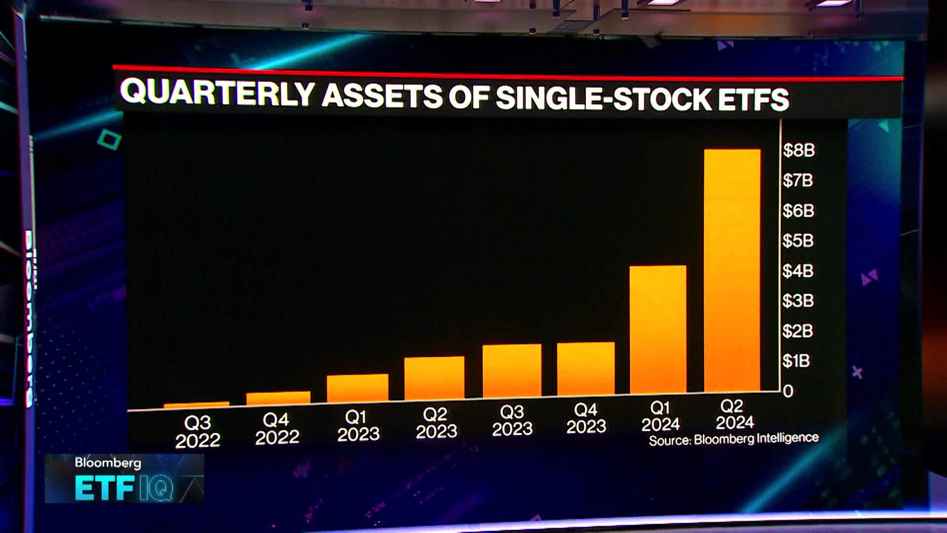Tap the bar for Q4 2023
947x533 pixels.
pos(586,369)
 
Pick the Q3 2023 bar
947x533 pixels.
pos(512,371)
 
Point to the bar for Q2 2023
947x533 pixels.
pos(434,378)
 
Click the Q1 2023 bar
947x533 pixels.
pos(358,388)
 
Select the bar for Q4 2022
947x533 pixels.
pos(278,398)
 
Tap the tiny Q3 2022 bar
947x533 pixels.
pos(196,405)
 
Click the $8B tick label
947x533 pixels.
pos(799,150)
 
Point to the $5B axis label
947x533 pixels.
pos(798,241)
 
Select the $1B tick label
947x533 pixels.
pos(796,361)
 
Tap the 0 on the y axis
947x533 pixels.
pos(788,391)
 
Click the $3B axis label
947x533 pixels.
pos(798,301)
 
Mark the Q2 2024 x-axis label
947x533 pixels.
pos(734,415)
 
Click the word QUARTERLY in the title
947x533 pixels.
pos(217,92)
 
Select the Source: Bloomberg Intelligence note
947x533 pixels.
pos(733,439)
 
